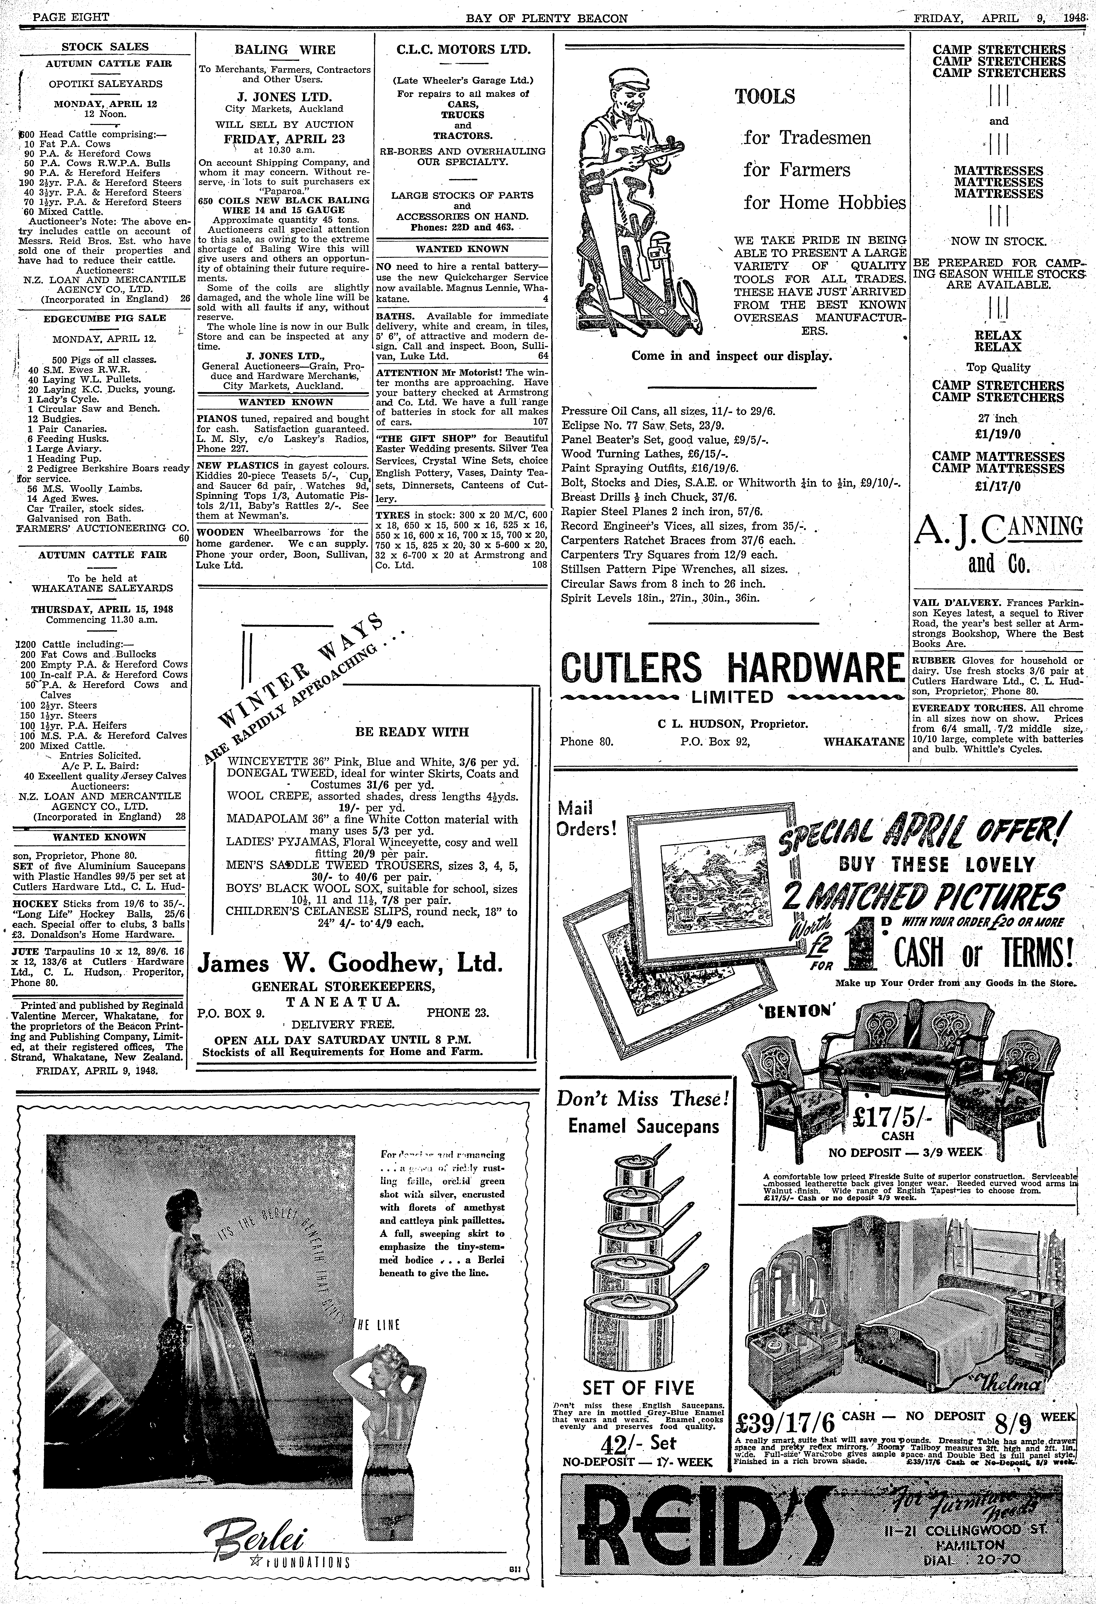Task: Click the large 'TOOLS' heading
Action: click(x=765, y=97)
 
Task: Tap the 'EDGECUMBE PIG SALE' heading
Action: click(x=105, y=318)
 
